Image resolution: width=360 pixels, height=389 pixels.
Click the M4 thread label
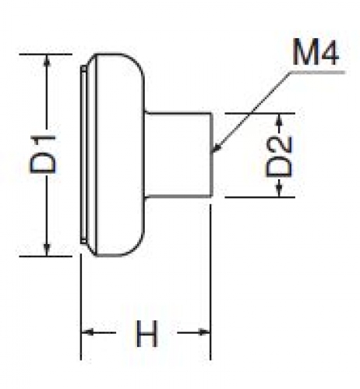316,52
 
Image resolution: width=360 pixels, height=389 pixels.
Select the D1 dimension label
43,154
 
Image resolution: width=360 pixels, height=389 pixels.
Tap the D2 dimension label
279,157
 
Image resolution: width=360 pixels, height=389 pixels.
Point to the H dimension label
146,334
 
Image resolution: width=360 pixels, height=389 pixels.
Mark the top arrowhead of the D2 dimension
279,119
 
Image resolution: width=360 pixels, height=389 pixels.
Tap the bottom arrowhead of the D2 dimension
279,191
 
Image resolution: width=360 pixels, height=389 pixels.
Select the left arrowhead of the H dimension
87,332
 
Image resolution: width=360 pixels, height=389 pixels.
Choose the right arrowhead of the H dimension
204,332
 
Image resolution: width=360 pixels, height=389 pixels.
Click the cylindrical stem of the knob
178,154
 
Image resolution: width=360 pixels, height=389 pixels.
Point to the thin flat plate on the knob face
83,154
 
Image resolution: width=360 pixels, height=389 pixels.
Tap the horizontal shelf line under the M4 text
317,72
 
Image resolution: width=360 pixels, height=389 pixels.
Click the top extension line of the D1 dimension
45,55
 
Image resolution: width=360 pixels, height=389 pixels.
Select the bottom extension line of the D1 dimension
45,256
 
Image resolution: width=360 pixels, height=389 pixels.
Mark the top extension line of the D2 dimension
259,113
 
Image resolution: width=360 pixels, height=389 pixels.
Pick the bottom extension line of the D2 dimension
259,197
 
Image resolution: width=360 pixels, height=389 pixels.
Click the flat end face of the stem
212,154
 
